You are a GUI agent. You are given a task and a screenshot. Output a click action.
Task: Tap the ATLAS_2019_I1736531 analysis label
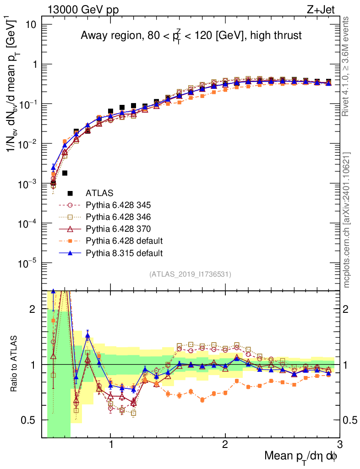190,274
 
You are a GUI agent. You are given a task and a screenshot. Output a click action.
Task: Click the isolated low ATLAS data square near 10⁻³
65,173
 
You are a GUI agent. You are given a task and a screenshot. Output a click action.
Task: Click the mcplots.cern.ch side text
346,220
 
